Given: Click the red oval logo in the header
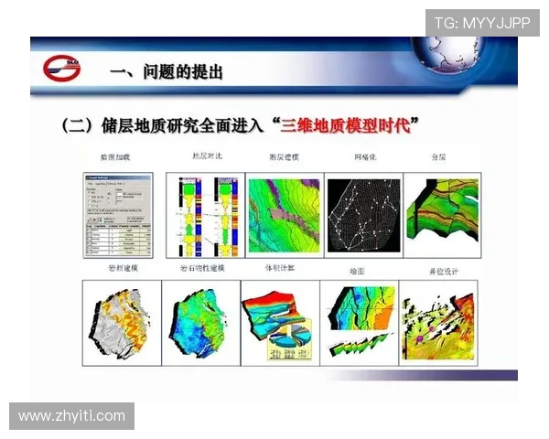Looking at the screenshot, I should (x=61, y=69).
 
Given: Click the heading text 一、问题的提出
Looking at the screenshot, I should (x=165, y=70).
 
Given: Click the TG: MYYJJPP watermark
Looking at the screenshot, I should (x=481, y=23).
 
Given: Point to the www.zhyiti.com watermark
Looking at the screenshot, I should (x=71, y=416).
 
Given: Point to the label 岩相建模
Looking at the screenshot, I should (x=115, y=269).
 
